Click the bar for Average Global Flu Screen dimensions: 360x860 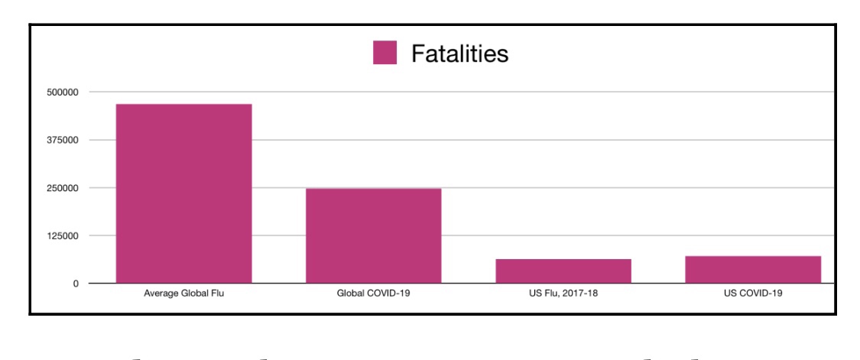(183, 193)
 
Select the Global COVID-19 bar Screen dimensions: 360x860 (373, 235)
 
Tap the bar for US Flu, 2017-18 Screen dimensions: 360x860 (563, 271)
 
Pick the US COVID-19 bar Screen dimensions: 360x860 (753, 270)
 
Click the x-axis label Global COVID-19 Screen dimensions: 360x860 (373, 294)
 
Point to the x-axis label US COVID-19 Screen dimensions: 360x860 (753, 294)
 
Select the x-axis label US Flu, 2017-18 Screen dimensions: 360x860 (563, 294)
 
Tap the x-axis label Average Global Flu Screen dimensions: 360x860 (183, 294)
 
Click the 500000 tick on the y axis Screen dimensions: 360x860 (63, 92)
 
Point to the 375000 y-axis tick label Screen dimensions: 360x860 (63, 140)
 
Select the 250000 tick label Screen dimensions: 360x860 (63, 188)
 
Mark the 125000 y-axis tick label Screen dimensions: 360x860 (63, 235)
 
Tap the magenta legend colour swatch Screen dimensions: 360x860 (385, 54)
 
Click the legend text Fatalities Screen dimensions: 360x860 (459, 54)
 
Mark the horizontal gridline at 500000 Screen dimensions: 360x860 (535, 92)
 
